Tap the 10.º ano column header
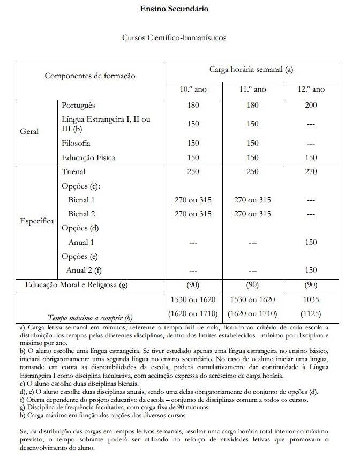[193, 89]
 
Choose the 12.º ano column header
[312, 89]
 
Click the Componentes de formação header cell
[90, 76]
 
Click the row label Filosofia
[76, 144]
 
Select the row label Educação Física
[88, 158]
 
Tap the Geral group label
[29, 131]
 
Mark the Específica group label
[36, 220]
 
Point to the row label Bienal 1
[81, 200]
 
